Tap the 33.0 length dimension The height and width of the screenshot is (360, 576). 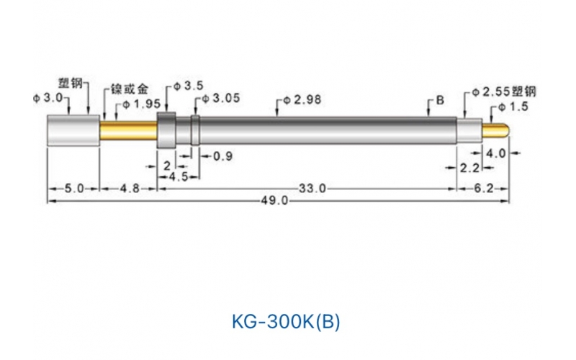tap(312, 188)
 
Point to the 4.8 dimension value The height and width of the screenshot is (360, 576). tap(127, 188)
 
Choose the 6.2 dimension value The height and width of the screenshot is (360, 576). tap(484, 188)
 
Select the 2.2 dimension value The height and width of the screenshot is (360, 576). tap(468, 168)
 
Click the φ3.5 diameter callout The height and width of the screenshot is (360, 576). tap(188, 86)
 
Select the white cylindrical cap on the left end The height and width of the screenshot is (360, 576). tap(73, 131)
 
